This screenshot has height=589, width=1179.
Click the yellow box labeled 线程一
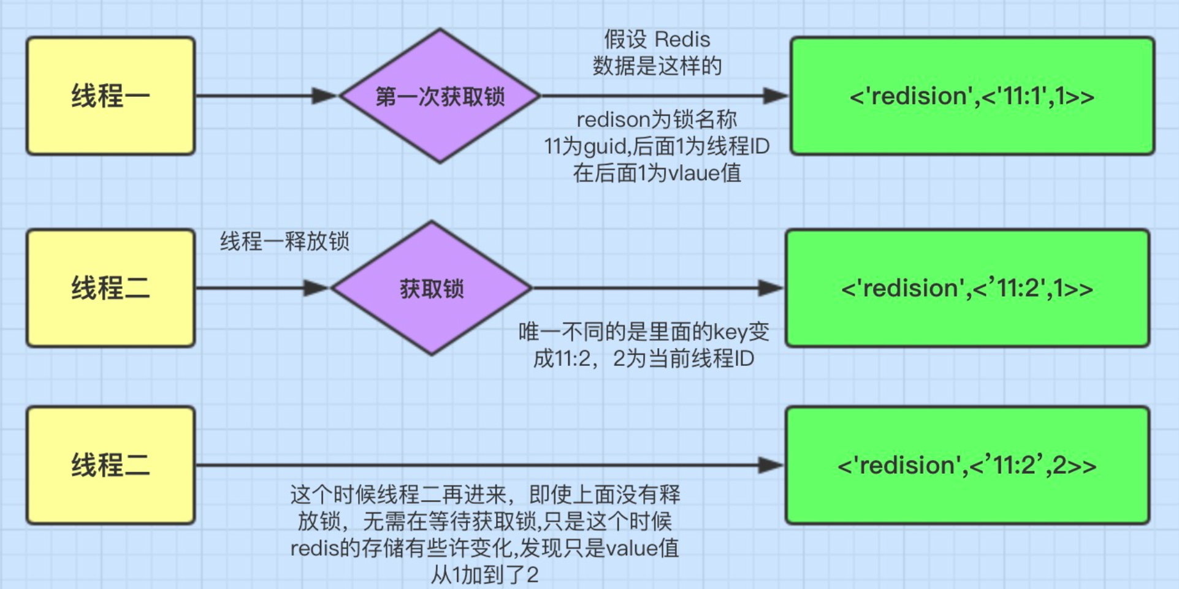click(x=110, y=96)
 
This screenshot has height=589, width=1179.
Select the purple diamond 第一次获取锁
click(x=440, y=96)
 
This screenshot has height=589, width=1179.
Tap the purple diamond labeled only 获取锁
click(x=432, y=288)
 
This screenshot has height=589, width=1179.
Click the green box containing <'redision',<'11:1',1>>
click(x=972, y=96)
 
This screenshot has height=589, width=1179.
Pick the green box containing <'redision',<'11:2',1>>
click(x=967, y=288)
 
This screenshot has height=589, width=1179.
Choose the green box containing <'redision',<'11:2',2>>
click(x=967, y=465)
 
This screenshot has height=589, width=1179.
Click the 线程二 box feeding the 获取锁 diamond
click(x=110, y=288)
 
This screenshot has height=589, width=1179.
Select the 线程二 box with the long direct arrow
click(x=110, y=465)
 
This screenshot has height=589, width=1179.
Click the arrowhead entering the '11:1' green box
click(x=775, y=96)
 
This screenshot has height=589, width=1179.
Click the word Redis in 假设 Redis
click(x=682, y=40)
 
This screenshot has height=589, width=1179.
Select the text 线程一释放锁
click(x=284, y=241)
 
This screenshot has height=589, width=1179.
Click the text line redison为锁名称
click(x=657, y=120)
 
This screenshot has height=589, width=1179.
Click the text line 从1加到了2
click(x=484, y=575)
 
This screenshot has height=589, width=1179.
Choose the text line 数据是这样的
click(x=657, y=66)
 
